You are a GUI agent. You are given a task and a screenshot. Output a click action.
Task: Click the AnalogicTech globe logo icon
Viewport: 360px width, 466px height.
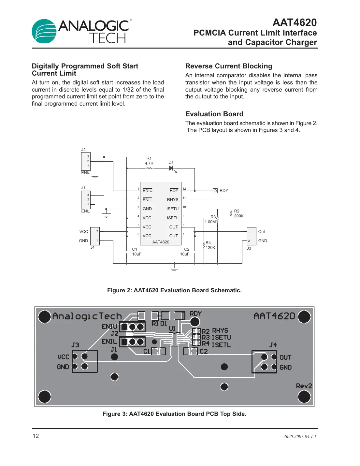[44, 31]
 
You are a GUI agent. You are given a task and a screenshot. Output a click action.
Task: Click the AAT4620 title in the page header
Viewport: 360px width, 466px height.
[294, 22]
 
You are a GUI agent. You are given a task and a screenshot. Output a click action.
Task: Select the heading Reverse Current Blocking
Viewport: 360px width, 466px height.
[228, 66]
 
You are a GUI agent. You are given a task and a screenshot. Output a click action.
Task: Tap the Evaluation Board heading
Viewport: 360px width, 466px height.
[214, 114]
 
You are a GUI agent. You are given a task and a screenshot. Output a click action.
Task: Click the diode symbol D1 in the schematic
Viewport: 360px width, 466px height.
[171, 168]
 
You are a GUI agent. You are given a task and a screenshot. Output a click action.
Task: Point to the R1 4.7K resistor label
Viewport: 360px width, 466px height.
[149, 161]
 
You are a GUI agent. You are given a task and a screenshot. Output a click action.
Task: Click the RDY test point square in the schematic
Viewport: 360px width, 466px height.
[215, 191]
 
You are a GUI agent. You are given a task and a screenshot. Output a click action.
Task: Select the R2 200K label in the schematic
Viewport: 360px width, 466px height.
[238, 213]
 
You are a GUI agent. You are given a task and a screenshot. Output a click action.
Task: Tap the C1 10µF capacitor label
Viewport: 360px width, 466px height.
[136, 252]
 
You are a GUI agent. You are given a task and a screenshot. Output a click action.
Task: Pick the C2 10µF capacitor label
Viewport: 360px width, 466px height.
[185, 252]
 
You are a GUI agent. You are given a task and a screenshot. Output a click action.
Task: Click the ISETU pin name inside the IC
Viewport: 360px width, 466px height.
[172, 209]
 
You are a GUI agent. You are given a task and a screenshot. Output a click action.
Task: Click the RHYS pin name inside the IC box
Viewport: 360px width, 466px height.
[173, 200]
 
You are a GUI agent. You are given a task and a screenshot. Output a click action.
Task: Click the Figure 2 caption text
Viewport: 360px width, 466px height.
[174, 290]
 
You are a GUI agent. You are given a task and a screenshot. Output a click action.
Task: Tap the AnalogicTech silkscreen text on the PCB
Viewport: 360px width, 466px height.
[87, 316]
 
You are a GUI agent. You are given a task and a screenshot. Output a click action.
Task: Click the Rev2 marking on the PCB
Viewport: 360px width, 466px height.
[304, 386]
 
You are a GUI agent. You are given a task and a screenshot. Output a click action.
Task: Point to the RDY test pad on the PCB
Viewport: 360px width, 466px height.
[195, 322]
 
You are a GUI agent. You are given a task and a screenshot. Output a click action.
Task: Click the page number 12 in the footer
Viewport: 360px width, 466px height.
[36, 436]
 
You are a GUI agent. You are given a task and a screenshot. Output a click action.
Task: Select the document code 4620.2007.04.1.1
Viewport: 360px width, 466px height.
[299, 436]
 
